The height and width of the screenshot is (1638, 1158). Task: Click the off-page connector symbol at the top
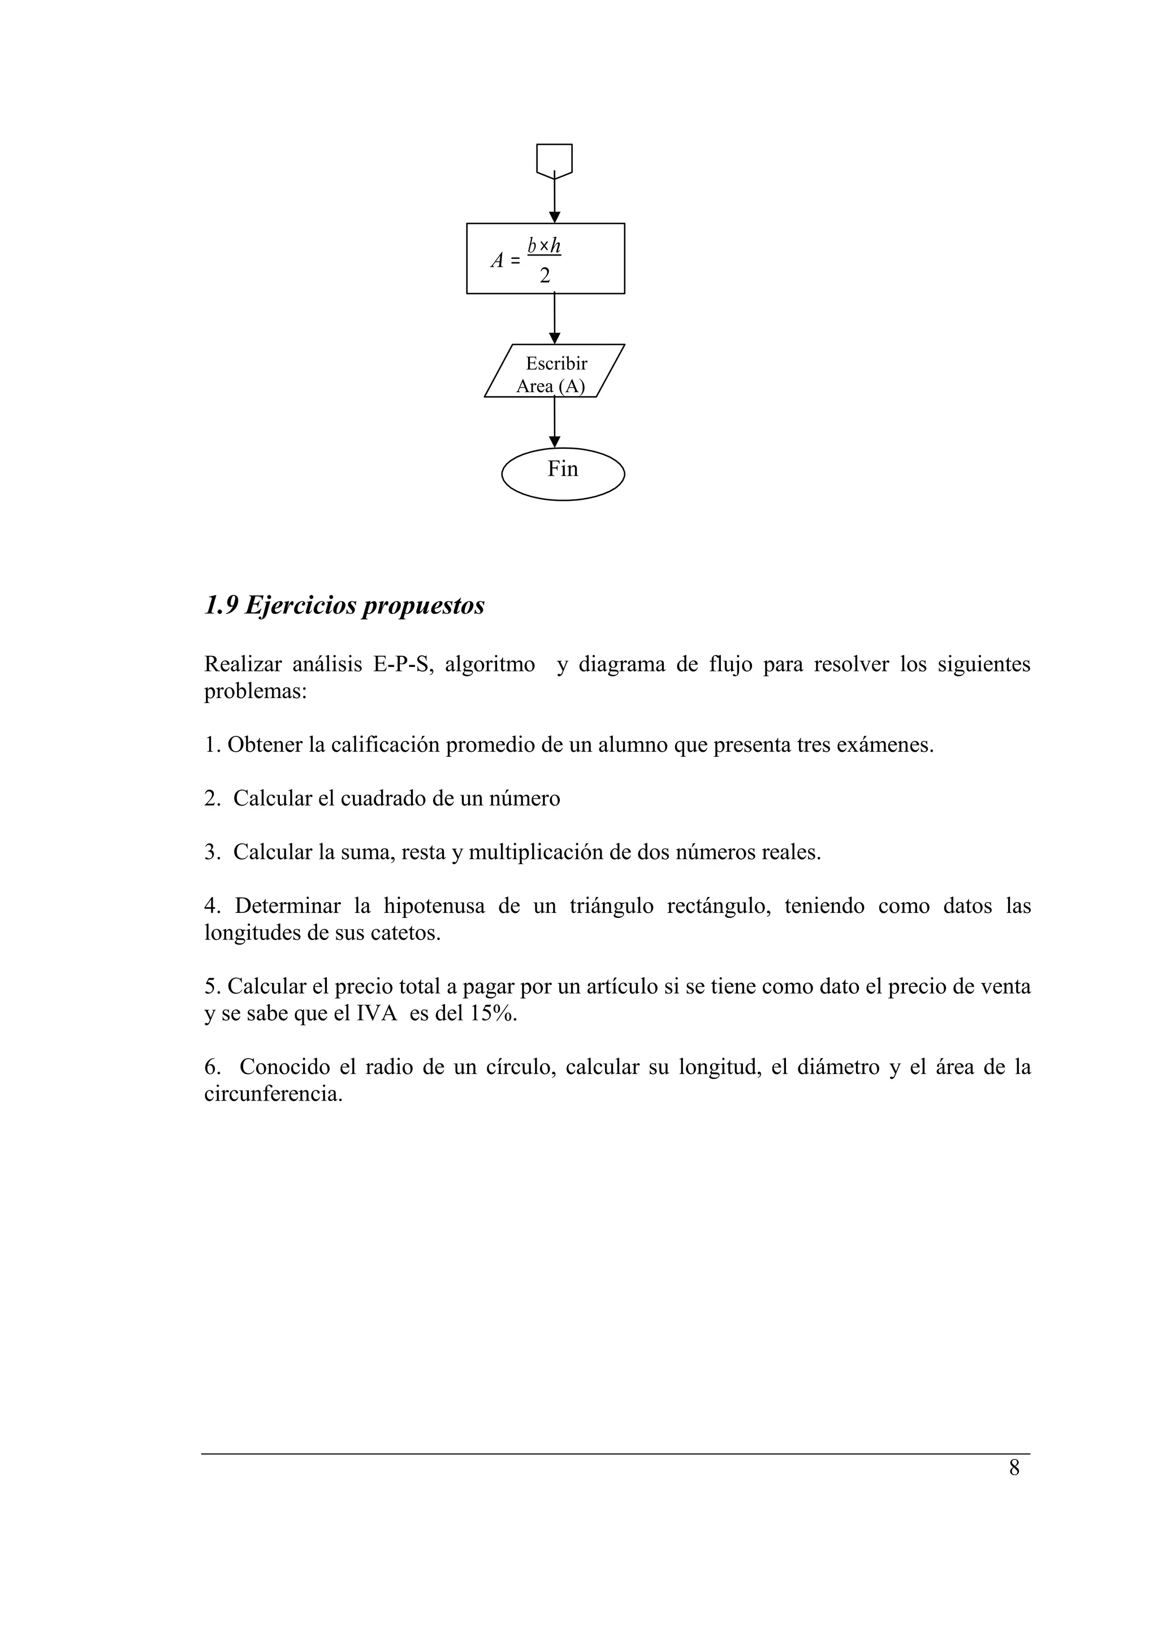(554, 161)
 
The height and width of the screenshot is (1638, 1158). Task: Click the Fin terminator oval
(563, 474)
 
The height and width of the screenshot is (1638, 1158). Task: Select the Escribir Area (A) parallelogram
(554, 371)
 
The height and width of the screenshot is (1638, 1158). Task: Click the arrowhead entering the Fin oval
(554, 443)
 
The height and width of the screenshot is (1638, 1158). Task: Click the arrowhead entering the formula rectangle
(554, 218)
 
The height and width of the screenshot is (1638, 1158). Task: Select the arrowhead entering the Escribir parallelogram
(554, 338)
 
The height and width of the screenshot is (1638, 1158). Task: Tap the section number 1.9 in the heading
(221, 606)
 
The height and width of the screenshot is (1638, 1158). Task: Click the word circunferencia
(273, 1094)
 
